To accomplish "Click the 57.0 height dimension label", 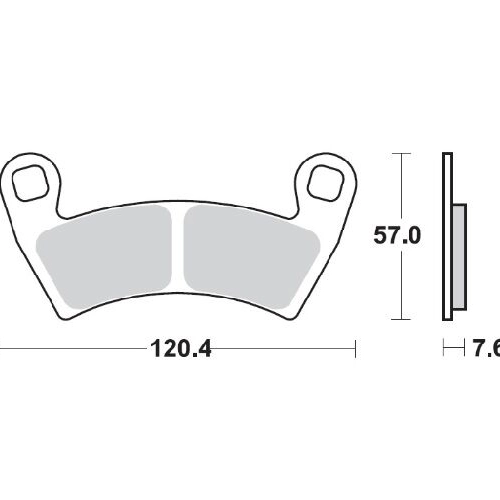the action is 397,235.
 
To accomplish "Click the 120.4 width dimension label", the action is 181,349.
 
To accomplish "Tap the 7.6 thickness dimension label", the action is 487,349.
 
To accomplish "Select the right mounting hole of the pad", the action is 325,183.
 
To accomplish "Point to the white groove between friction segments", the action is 178,250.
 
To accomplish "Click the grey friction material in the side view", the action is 459,257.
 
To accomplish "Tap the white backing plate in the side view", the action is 447,237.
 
